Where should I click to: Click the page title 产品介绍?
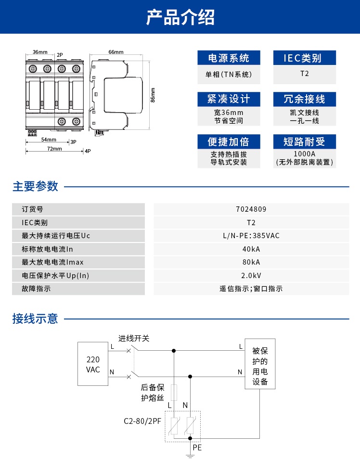(x=180, y=17)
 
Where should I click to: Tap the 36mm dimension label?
(x=40, y=52)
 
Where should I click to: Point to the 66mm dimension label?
(x=116, y=52)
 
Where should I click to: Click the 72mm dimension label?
(x=54, y=149)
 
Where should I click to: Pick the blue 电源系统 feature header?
(x=229, y=59)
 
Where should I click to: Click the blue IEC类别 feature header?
(x=304, y=59)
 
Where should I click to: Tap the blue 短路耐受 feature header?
(x=304, y=141)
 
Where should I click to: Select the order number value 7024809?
(x=251, y=209)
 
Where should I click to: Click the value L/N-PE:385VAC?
(x=251, y=236)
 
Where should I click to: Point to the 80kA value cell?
(x=251, y=262)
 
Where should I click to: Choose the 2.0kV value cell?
(x=251, y=276)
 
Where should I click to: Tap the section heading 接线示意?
(x=35, y=319)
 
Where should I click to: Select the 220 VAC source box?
(x=93, y=364)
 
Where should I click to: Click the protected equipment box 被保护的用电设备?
(x=260, y=364)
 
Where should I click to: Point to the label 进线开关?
(x=134, y=339)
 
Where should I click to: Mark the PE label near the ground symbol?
(x=197, y=447)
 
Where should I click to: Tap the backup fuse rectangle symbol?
(x=174, y=392)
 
